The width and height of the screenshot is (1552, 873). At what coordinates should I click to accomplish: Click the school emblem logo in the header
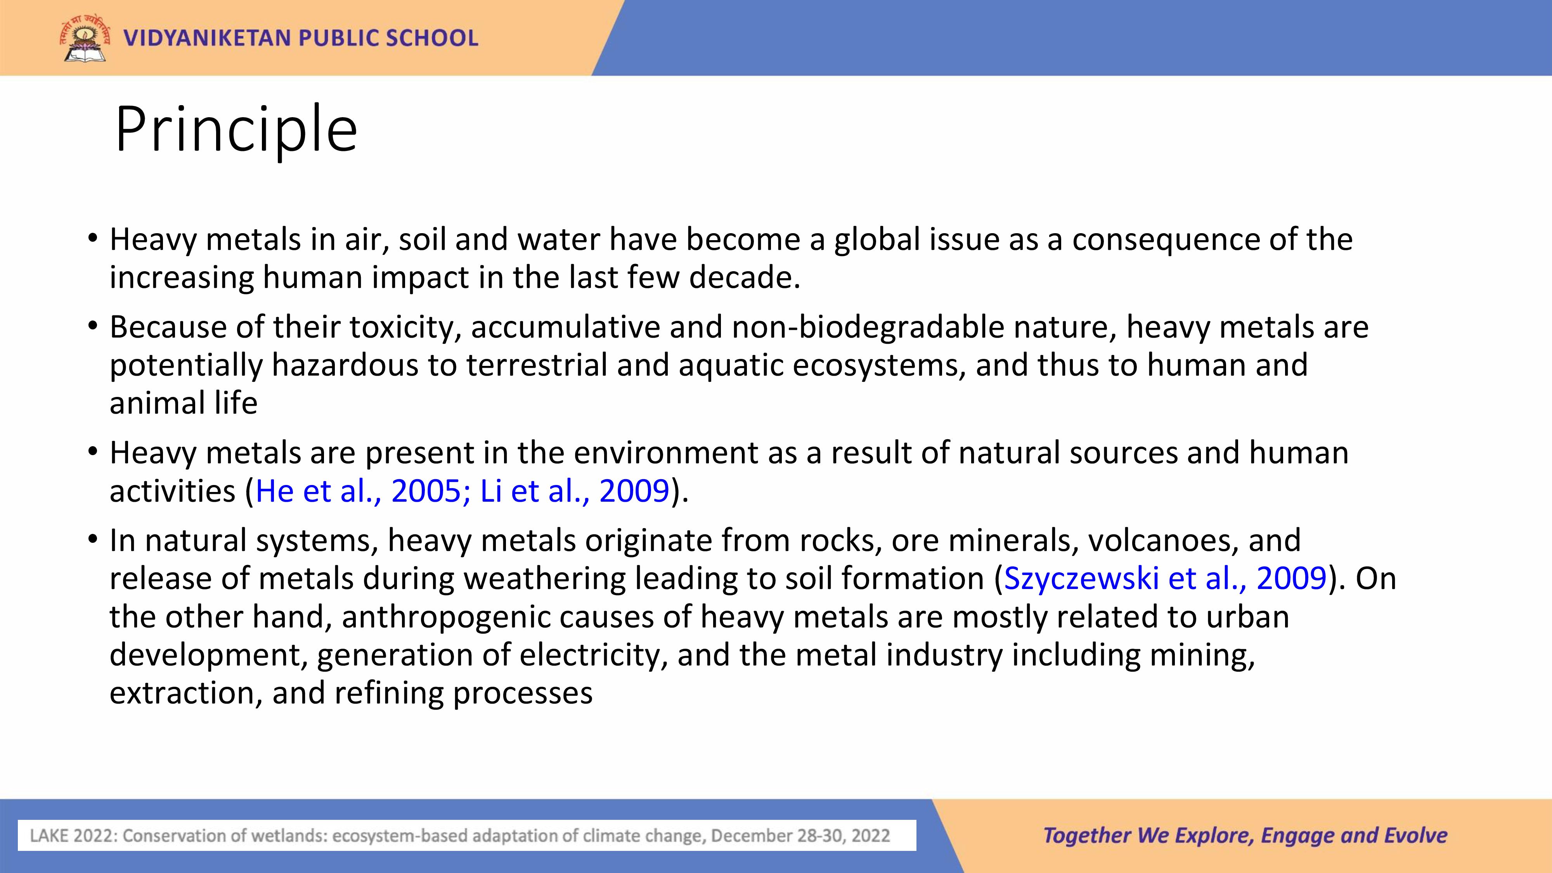point(85,38)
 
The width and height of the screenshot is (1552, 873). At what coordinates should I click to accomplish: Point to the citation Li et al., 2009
point(575,491)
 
